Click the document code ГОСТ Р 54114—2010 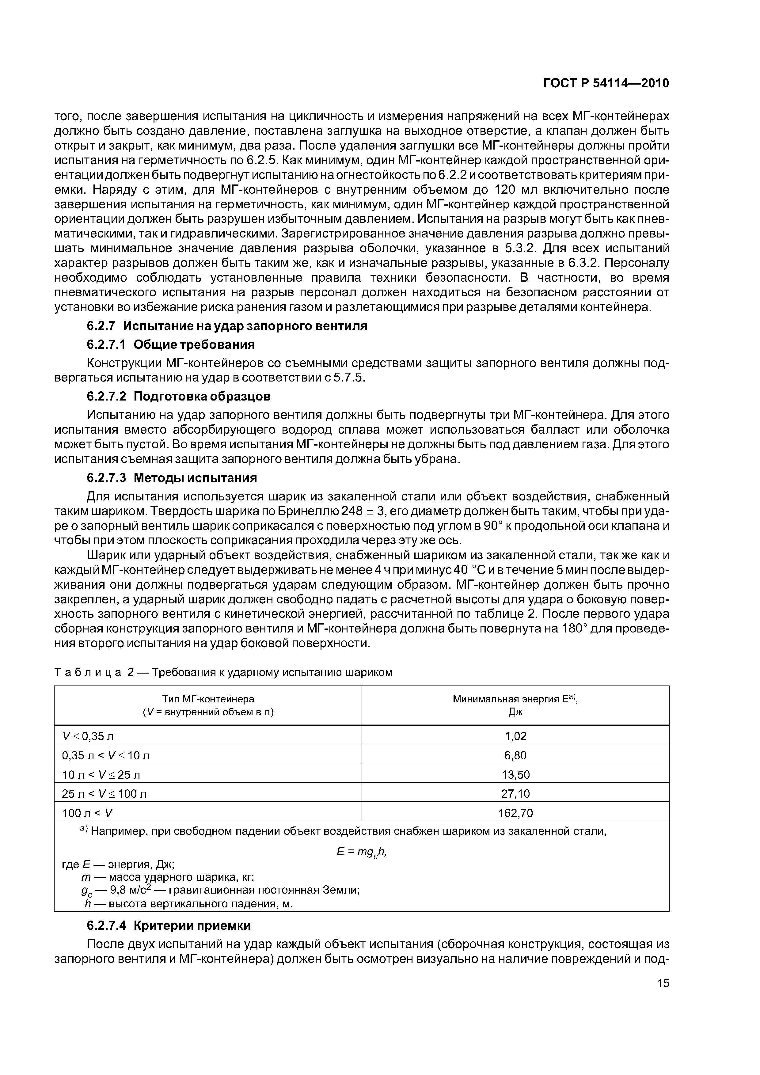click(606, 83)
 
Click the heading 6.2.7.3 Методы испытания click(172, 478)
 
